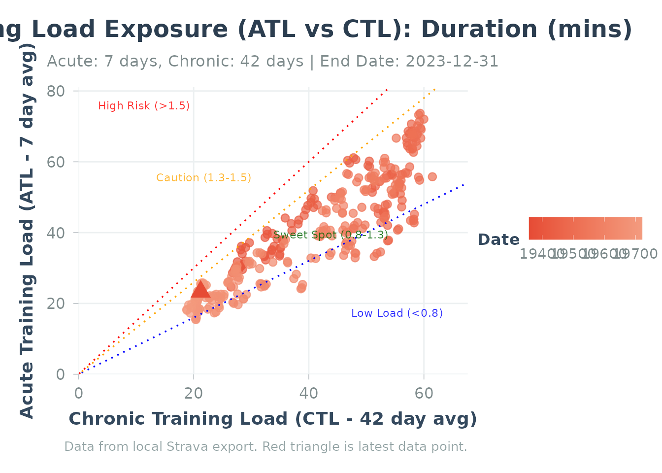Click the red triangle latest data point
(200, 290)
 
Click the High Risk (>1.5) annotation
(144, 106)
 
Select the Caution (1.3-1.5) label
(203, 178)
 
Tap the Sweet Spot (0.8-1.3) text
(331, 235)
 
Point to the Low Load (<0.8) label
(397, 313)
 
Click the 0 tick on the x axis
(79, 393)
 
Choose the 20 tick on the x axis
(194, 393)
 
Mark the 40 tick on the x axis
(309, 393)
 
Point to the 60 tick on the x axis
(424, 393)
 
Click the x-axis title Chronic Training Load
(272, 419)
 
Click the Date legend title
(498, 240)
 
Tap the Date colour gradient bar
(585, 228)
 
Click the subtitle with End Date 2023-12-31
(272, 62)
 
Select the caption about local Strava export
(265, 447)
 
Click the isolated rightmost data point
(432, 177)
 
